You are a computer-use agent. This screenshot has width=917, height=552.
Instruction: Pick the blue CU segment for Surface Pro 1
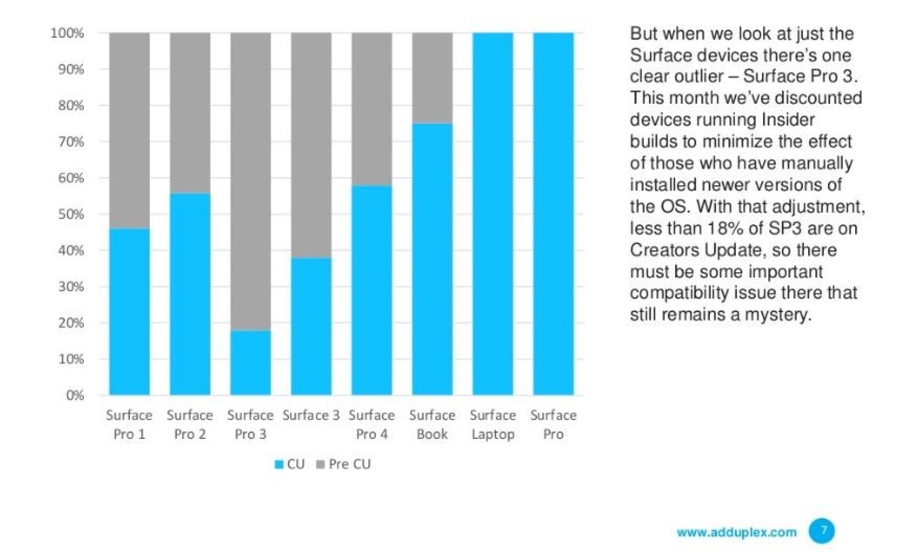129,311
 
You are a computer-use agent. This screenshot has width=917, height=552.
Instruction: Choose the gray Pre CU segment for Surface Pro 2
190,113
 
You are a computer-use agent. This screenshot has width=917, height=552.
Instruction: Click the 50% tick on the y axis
71,214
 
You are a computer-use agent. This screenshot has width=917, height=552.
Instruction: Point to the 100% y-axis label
67,33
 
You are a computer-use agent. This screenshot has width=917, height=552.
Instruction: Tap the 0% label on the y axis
75,395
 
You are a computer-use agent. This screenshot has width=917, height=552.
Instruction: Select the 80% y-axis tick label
71,106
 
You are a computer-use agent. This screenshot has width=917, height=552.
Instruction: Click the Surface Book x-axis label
432,424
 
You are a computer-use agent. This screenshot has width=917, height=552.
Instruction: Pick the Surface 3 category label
311,415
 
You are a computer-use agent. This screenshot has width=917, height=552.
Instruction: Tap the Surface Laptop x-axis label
492,424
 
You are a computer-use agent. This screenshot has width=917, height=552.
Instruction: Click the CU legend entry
290,464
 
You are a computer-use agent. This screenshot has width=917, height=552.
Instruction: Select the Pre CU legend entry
344,464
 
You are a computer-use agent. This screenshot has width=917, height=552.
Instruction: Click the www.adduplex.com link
736,532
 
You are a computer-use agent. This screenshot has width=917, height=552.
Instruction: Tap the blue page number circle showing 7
821,530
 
